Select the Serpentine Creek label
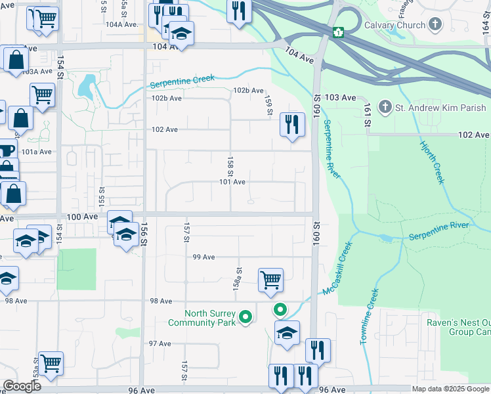tap(182, 82)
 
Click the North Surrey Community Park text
tap(201, 318)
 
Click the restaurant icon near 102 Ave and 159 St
tap(292, 123)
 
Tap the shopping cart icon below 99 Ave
tap(270, 280)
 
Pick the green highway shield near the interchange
tap(339, 32)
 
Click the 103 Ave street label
tap(340, 97)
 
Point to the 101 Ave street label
tap(232, 182)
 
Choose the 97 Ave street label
tap(160, 343)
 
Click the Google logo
tap(22, 386)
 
